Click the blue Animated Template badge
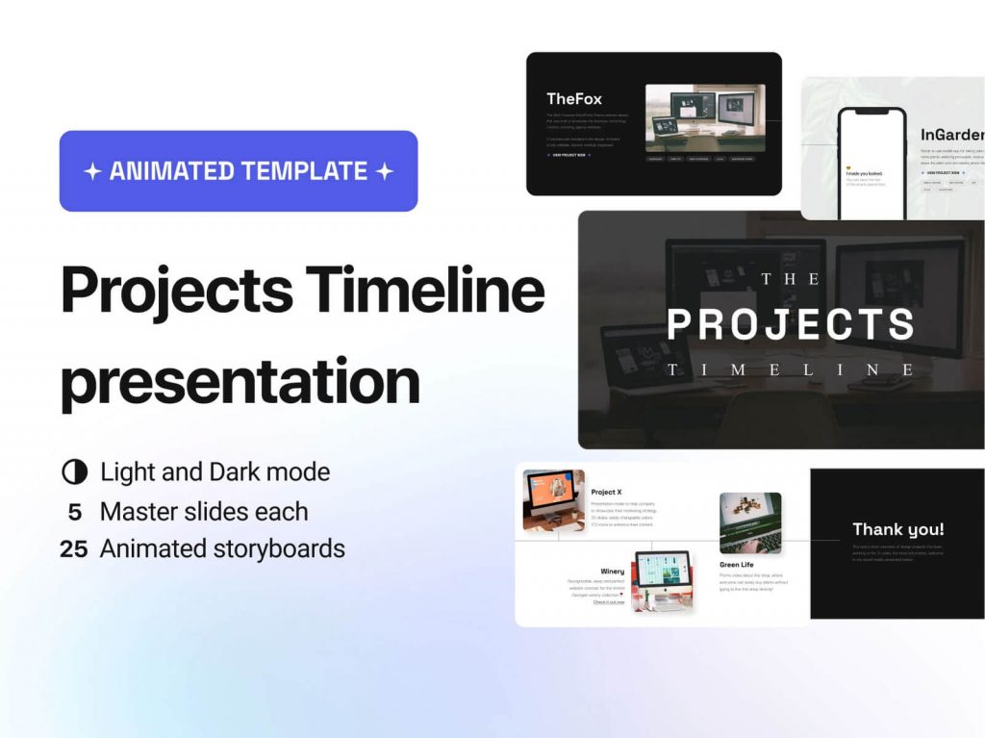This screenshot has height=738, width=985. pos(239,171)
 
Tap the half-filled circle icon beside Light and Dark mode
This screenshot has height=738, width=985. pos(74,472)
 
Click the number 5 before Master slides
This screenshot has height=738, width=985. pos(74,511)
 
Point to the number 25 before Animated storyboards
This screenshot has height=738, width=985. pos(74,549)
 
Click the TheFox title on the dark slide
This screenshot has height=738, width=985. pos(574,98)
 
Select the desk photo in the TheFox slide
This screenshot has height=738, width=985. pos(705,117)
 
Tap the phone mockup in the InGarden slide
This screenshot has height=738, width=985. pos(871,164)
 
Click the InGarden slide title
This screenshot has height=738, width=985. pos(951,135)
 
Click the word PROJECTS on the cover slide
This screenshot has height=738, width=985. pos(791,324)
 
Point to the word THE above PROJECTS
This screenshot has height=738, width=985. pos(791,279)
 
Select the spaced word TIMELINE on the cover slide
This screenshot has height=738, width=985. pos(791,369)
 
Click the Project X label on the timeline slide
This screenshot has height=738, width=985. pos(606,492)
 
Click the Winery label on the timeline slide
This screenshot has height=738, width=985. pos(612,572)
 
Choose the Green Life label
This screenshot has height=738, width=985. pos(736,565)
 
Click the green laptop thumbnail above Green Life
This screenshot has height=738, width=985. pos(749,523)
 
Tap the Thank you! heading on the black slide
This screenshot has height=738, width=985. pos(897,529)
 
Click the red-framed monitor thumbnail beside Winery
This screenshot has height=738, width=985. pos(663,581)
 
